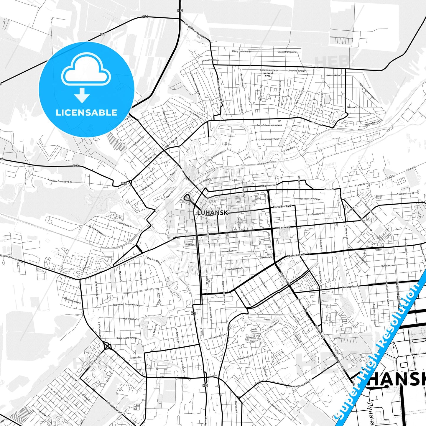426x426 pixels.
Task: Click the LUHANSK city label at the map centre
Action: (x=212, y=212)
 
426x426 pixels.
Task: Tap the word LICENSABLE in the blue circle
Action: (x=86, y=113)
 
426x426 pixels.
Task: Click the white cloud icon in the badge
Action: (x=86, y=71)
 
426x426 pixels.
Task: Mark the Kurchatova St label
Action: (x=352, y=286)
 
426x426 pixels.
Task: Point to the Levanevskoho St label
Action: (x=334, y=75)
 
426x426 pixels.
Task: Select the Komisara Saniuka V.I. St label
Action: (x=60, y=181)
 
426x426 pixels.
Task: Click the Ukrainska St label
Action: (x=125, y=224)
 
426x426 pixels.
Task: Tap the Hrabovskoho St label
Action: (x=131, y=319)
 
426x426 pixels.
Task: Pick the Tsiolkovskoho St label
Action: (x=405, y=193)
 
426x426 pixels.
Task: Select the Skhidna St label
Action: (x=352, y=107)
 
